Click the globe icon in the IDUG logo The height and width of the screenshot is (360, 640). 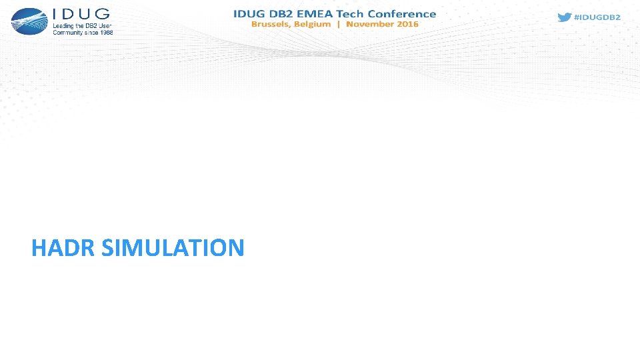[x=29, y=21]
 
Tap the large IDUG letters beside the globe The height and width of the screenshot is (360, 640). [x=81, y=14]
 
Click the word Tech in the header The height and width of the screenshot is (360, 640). [x=364, y=13]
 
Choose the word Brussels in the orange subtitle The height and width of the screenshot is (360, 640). [x=270, y=24]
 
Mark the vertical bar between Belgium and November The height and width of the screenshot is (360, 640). [x=339, y=24]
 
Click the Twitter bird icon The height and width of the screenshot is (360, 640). [x=565, y=17]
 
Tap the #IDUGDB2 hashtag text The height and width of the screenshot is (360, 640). [x=598, y=17]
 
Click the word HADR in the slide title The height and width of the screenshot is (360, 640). [x=65, y=248]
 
